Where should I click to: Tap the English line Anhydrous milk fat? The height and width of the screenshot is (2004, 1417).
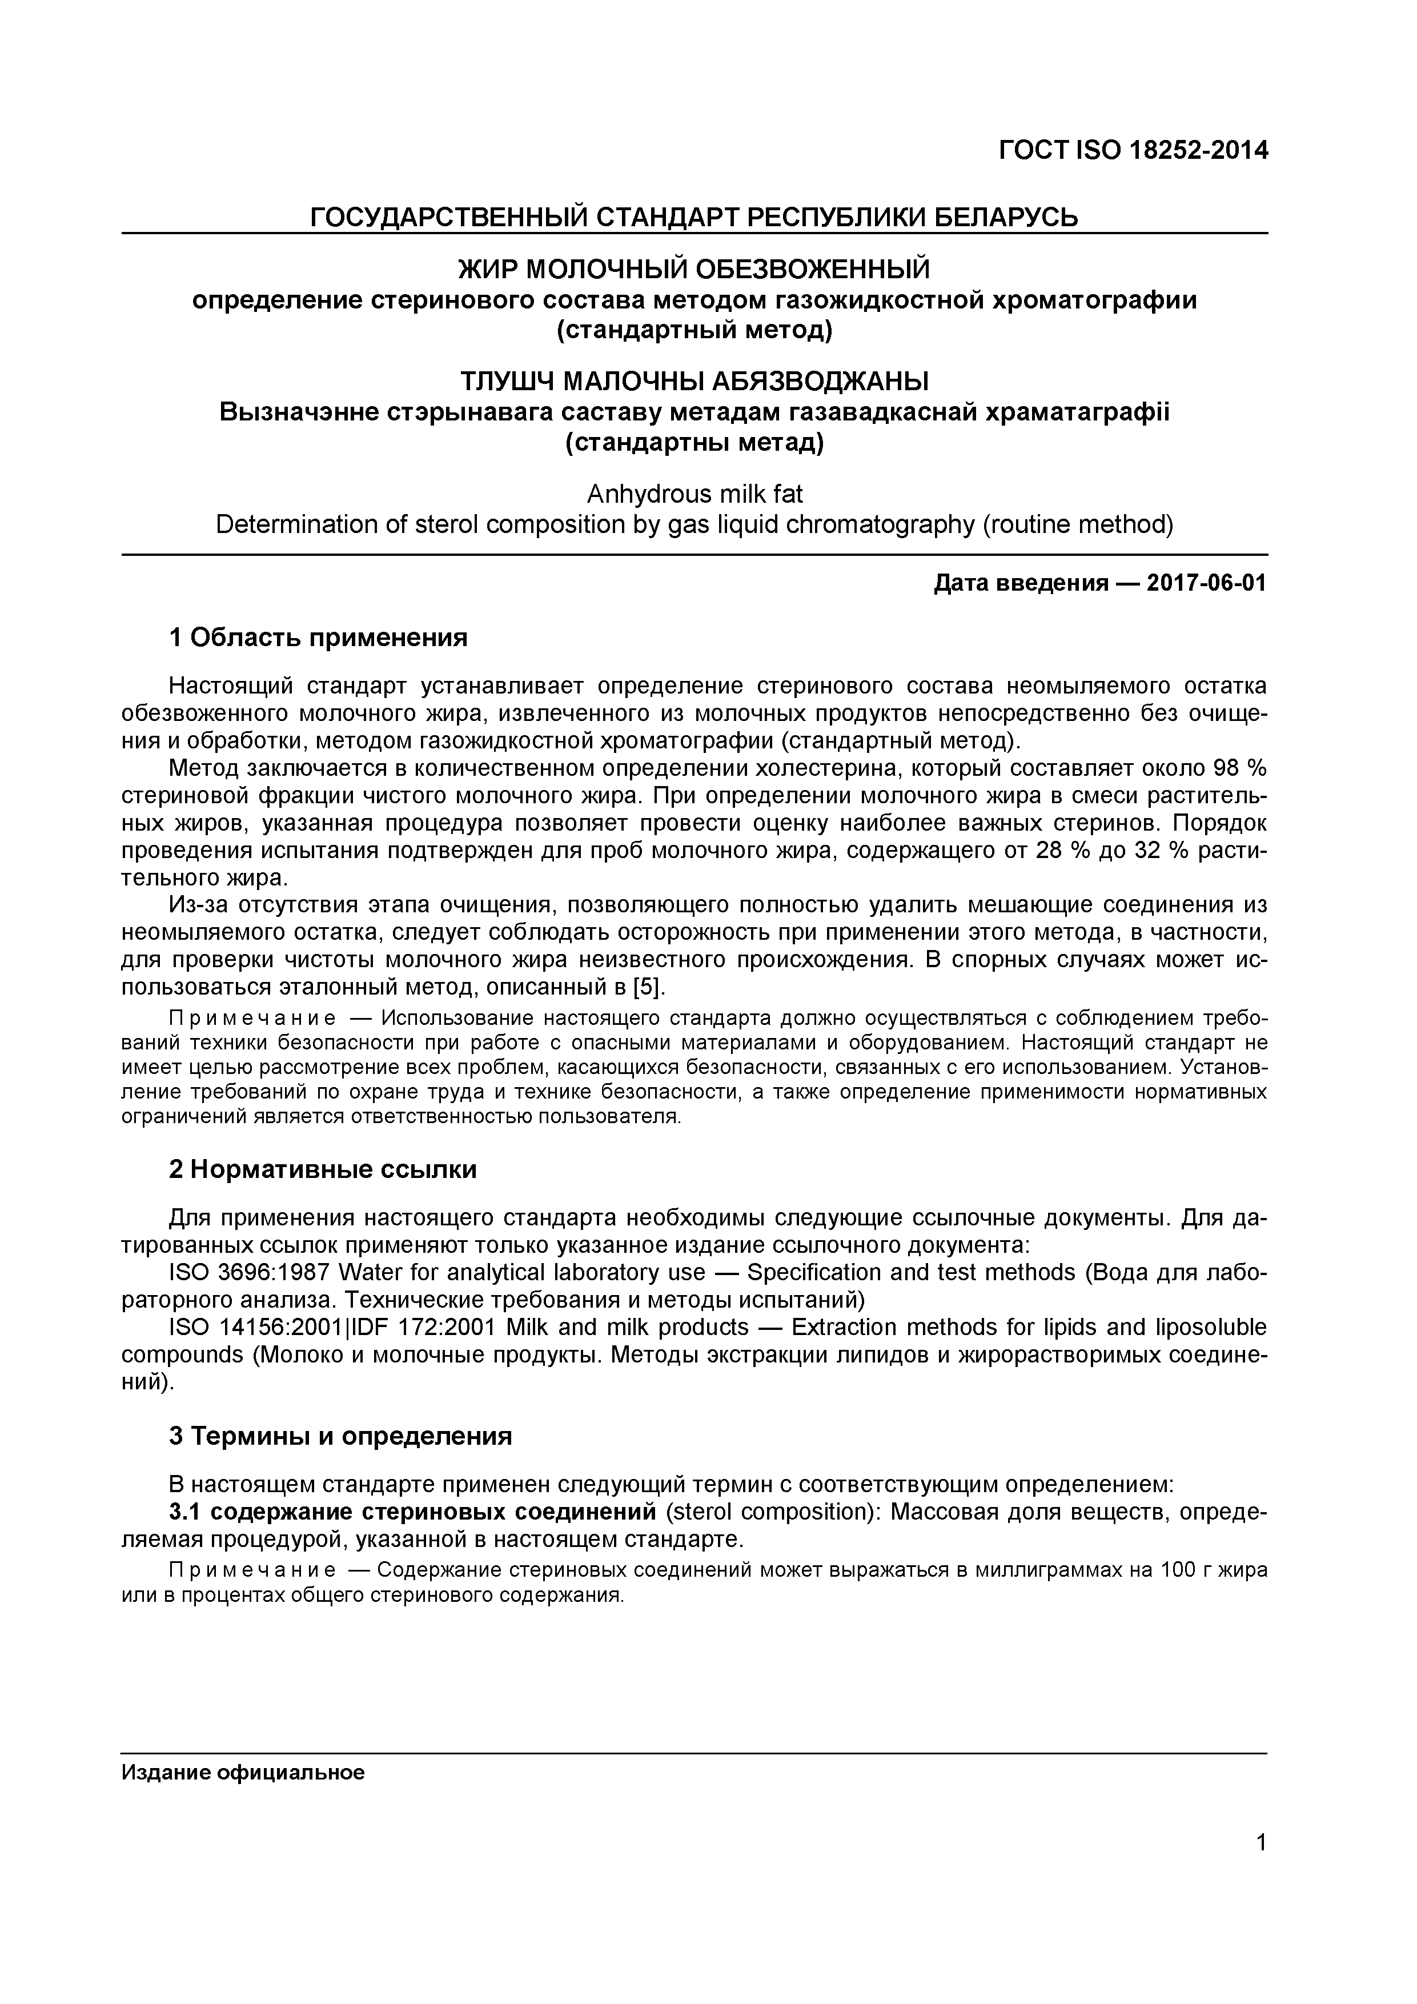(695, 495)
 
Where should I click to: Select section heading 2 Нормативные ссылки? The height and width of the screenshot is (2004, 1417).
(323, 1169)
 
